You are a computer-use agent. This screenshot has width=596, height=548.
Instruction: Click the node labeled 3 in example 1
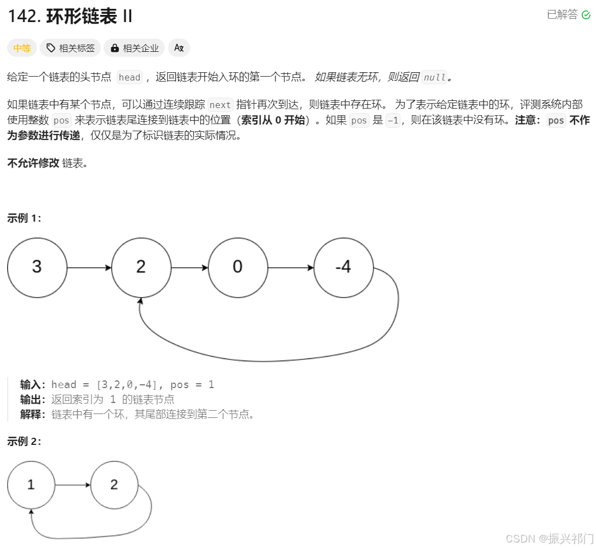point(36,268)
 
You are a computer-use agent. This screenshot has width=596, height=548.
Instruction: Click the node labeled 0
point(237,268)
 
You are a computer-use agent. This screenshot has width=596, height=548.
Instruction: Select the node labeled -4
point(343,268)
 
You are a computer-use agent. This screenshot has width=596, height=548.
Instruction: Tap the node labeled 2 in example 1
point(141,268)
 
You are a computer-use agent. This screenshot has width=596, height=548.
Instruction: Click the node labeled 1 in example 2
point(31,485)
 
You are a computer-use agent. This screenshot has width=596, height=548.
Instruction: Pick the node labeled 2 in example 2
point(114,485)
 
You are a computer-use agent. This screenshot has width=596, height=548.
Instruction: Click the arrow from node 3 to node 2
point(89,268)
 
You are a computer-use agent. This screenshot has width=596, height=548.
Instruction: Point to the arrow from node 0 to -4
point(290,268)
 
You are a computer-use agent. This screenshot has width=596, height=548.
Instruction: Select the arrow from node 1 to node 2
point(73,485)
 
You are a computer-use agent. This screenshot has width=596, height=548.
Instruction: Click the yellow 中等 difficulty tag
point(22,49)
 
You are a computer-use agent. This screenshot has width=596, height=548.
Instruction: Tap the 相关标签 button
point(71,49)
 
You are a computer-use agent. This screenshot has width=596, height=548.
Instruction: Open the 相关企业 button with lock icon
point(134,49)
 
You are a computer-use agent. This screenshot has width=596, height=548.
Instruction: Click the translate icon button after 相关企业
point(178,49)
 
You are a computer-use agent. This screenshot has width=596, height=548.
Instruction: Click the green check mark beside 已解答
point(586,15)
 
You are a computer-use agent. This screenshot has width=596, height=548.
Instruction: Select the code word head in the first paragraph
point(129,78)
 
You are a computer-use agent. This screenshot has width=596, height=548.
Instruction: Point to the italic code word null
point(434,78)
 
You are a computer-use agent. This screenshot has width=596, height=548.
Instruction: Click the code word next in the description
point(220,105)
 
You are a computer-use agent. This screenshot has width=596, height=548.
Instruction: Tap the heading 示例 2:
point(24,441)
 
